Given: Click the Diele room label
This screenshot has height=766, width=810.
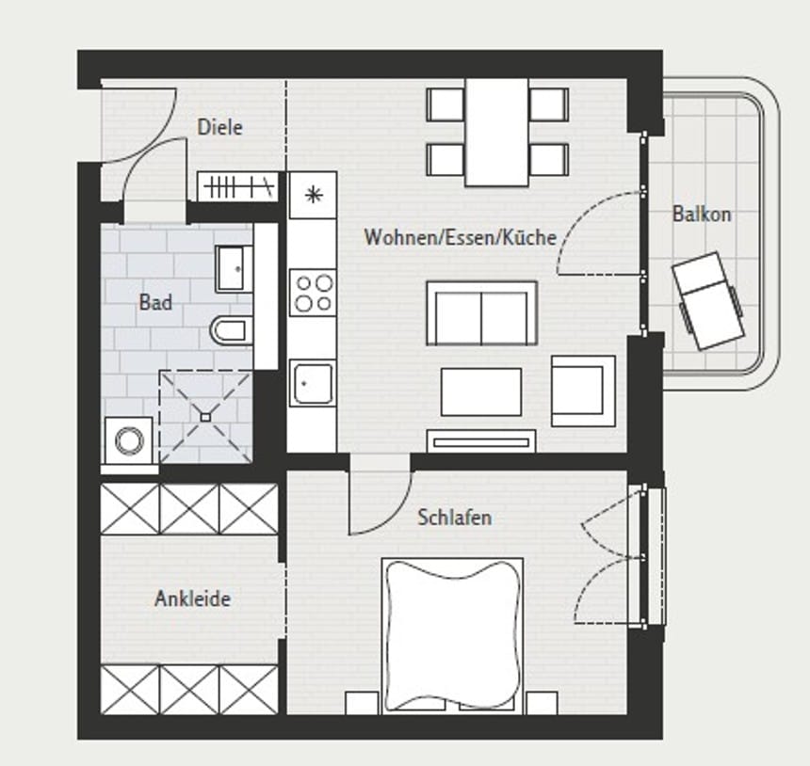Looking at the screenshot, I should click(219, 127).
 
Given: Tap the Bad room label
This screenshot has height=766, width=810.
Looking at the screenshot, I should click(155, 302).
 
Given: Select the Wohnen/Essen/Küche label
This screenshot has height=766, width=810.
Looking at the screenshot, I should click(460, 237).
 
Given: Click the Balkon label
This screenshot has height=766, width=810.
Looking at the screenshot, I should click(701, 214).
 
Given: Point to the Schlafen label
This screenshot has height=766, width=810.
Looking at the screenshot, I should click(454, 518).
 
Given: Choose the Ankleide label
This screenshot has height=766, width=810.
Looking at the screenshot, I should click(192, 598).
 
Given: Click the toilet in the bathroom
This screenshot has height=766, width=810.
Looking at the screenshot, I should click(230, 329).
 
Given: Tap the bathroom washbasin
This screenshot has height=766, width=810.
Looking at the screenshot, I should click(233, 269).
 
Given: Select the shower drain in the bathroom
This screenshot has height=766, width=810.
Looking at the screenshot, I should click(205, 415).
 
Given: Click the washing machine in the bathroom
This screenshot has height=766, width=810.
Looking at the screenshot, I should click(130, 440).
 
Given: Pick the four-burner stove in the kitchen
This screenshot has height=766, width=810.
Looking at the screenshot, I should click(313, 292).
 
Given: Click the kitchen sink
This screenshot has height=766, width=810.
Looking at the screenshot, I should click(311, 384).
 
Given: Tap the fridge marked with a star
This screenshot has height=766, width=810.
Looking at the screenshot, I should click(313, 196).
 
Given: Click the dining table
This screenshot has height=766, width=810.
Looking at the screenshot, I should click(496, 132).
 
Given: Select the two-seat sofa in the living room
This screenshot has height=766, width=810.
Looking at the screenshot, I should click(481, 312).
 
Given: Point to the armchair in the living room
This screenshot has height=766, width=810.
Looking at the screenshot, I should click(583, 390).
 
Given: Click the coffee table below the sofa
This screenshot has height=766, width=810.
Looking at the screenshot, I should click(480, 391).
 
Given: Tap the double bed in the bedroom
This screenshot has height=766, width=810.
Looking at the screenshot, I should click(452, 635).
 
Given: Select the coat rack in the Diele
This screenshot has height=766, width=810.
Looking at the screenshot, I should click(239, 187).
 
